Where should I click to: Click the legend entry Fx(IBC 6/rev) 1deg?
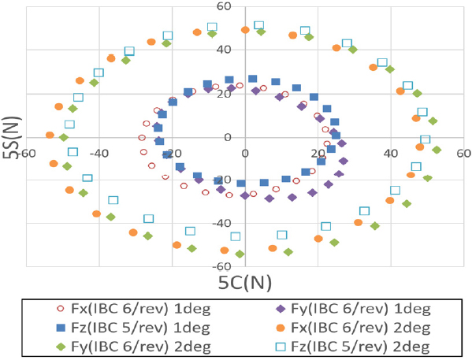(118, 310)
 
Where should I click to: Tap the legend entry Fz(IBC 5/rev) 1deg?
(118, 328)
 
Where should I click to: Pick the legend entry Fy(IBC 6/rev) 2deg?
(118, 346)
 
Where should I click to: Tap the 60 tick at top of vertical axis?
(245, 7)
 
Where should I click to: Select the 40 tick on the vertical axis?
(245, 50)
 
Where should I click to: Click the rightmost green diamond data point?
(437, 150)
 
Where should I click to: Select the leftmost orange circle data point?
(50, 135)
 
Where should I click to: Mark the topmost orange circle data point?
(245, 30)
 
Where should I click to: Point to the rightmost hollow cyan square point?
(426, 139)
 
